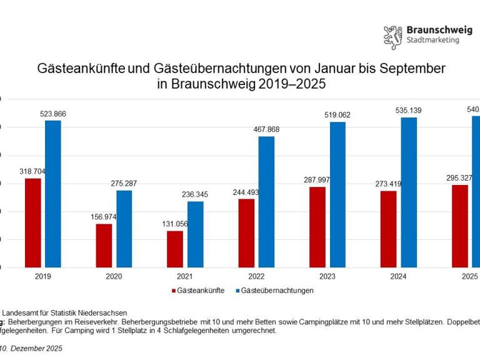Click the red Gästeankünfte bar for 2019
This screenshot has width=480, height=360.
click(x=32, y=222)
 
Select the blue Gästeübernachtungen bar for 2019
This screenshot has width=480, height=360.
click(x=53, y=194)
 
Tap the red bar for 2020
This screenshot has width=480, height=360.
click(x=104, y=246)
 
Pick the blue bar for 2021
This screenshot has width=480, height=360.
click(x=195, y=234)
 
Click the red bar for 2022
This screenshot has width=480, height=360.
click(x=246, y=233)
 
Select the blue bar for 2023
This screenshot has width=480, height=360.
click(x=337, y=194)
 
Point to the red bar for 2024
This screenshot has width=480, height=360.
click(x=388, y=229)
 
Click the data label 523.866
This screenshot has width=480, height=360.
click(x=53, y=114)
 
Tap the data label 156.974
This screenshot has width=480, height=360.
click(x=104, y=217)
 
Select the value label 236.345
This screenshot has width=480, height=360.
click(x=195, y=194)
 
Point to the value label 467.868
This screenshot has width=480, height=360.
click(x=266, y=129)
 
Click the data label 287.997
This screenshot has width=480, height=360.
click(x=317, y=180)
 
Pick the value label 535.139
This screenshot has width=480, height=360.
click(x=409, y=111)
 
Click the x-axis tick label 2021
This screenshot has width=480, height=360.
click(x=185, y=276)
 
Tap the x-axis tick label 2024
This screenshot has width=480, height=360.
click(x=398, y=276)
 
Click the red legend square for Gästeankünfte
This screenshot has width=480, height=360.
click(x=173, y=291)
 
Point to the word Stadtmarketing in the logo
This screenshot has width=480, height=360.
click(x=432, y=41)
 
